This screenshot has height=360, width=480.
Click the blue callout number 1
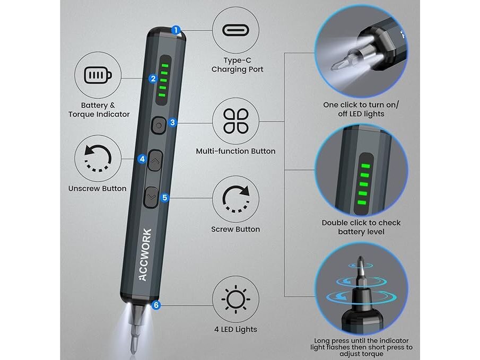[176, 30]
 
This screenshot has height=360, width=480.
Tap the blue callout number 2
[153, 78]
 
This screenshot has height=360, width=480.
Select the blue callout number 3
[173, 122]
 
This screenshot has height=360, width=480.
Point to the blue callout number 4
[142, 159]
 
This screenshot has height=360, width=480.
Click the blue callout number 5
[165, 197]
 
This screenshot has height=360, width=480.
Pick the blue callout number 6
[156, 305]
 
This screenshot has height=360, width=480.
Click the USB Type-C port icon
[235, 30]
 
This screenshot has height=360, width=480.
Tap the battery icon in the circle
[98, 75]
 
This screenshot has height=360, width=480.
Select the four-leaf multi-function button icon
[235, 121]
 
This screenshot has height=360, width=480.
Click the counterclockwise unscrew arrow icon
[98, 158]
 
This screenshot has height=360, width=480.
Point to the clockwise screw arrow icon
[235, 199]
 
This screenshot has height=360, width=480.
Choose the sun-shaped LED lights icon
[235, 299]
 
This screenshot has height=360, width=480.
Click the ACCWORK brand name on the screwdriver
[145, 254]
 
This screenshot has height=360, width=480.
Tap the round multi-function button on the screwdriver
[159, 125]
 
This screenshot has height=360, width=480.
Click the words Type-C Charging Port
[237, 65]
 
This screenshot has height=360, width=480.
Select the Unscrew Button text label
[98, 188]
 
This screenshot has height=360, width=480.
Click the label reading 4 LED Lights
[235, 329]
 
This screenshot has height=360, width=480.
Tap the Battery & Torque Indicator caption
[99, 110]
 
